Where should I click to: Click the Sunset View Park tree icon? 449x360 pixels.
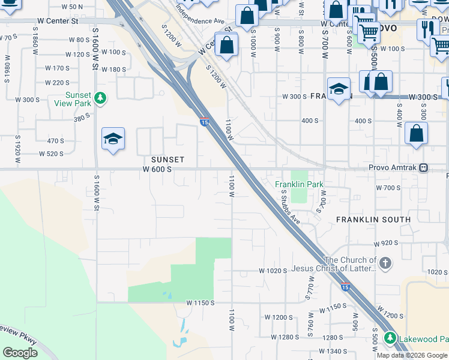tap(101, 97)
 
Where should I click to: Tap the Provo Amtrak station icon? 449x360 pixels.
tap(424, 168)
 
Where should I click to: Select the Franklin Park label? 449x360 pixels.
tap(299, 184)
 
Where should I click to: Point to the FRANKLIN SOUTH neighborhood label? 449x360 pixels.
tap(373, 220)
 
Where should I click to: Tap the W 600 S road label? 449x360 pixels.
tap(157, 170)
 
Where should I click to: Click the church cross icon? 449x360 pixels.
tap(385, 262)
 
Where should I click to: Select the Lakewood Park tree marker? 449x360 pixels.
tap(390, 338)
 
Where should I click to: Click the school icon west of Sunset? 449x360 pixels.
tap(113, 139)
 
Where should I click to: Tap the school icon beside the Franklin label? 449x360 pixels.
tap(339, 89)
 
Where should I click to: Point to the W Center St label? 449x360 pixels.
tap(58, 21)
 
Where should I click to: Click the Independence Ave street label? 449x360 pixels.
tap(200, 16)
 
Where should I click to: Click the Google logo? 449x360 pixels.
tap(20, 353)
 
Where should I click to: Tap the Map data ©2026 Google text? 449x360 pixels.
tap(412, 355)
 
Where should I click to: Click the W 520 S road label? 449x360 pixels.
tap(51, 154)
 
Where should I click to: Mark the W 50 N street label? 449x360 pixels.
tap(71, 7)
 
